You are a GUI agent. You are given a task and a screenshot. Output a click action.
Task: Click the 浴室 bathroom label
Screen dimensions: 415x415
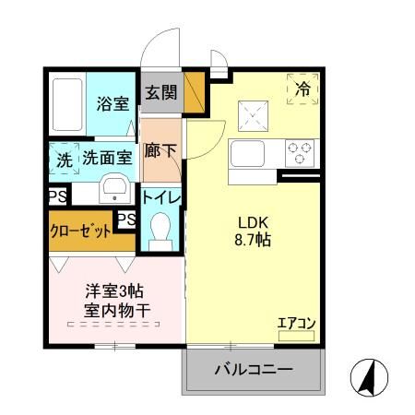pos(113,103)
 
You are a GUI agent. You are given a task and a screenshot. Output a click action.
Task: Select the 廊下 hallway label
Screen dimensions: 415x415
pos(161,149)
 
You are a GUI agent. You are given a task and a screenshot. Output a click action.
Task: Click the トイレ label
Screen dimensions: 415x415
pos(161,196)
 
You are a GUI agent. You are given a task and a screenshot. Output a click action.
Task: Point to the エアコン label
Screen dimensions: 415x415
pos(297,323)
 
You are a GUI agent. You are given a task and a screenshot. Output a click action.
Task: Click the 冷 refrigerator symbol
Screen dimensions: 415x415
pos(303,89)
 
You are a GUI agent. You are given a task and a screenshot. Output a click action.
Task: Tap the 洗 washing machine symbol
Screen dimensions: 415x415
pos(64,158)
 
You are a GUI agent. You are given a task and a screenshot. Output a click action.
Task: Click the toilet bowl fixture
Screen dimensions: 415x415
pos(161,228)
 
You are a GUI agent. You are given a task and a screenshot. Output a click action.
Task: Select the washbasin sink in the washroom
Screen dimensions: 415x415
pos(115,188)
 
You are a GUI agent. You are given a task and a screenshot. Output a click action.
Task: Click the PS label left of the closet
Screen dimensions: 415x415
pos(57,196)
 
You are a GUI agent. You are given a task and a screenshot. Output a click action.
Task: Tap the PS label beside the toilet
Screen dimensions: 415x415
pos(127,219)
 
